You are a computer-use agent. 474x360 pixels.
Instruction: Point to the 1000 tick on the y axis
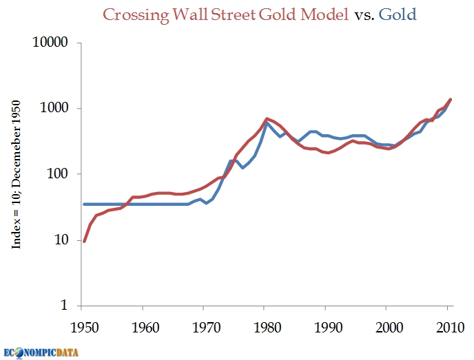55,108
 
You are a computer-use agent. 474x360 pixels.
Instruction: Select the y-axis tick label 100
59,174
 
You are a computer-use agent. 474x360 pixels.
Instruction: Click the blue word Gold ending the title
398,14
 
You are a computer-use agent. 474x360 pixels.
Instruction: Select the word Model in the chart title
327,14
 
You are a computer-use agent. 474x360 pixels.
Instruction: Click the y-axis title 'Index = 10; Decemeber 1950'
19,173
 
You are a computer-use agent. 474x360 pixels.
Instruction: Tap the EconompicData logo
41,352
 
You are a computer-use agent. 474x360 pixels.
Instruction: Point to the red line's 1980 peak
267,118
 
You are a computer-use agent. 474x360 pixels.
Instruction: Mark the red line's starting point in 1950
84,241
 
